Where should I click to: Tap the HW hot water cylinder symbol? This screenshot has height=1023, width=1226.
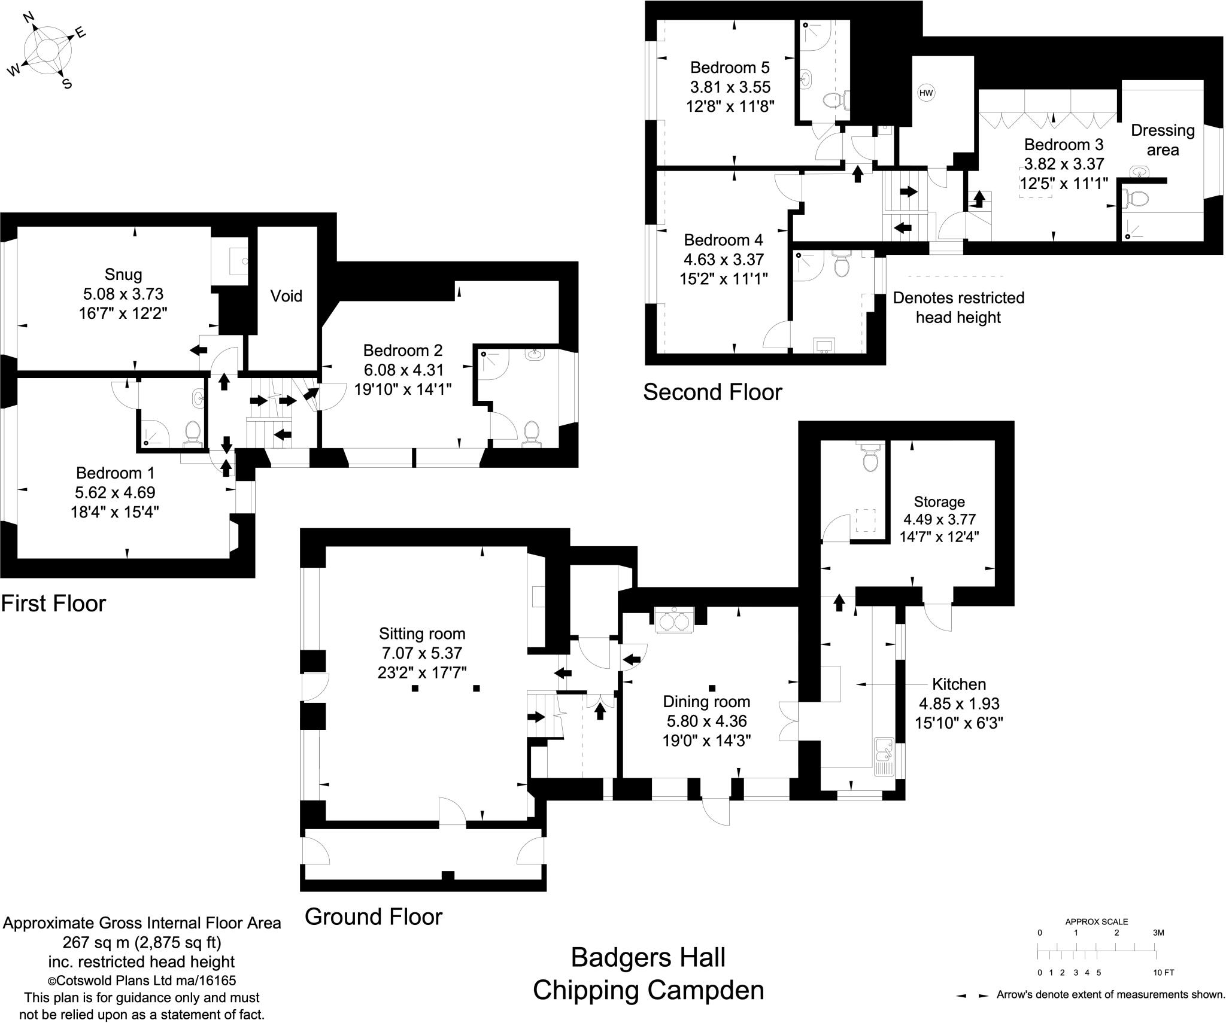click(x=926, y=93)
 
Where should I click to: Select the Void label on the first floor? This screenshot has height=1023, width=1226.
click(x=286, y=296)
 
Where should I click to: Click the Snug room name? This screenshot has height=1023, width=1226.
click(x=123, y=275)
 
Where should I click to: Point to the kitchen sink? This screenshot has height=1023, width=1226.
click(x=884, y=757)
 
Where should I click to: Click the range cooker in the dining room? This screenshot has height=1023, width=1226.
click(x=674, y=621)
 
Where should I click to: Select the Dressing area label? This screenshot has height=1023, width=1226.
click(x=1162, y=140)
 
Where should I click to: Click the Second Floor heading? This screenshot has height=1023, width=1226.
click(x=712, y=392)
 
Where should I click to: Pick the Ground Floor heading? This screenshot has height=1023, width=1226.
click(x=373, y=917)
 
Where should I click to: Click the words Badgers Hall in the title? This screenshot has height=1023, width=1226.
click(x=648, y=957)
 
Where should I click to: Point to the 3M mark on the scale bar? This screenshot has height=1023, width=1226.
click(x=1158, y=933)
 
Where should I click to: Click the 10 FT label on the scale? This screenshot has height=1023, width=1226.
click(x=1163, y=973)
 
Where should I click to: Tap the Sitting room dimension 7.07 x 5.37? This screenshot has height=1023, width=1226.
click(x=421, y=653)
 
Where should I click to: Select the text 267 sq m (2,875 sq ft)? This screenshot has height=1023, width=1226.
click(x=142, y=943)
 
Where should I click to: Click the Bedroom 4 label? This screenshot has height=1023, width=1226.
click(x=723, y=240)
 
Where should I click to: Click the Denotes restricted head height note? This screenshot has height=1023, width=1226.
click(x=958, y=307)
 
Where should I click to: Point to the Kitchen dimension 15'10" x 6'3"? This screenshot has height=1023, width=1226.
click(x=958, y=723)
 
